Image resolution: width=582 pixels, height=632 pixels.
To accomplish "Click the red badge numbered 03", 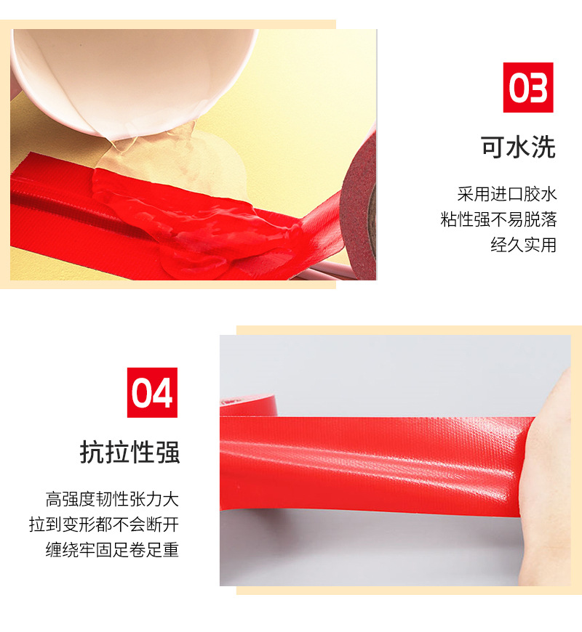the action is (527, 87).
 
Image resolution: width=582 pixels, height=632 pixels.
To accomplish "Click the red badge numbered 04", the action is (152, 392).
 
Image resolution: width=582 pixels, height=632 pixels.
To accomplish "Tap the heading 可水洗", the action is (518, 147).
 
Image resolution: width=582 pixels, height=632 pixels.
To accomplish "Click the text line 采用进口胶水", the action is (507, 194).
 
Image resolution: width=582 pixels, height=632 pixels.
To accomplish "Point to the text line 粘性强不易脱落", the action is (498, 219).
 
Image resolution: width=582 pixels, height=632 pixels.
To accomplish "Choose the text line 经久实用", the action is (524, 245).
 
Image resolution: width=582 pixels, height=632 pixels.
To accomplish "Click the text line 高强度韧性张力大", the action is (112, 499).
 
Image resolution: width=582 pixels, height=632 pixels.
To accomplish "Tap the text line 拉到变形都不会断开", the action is (104, 524).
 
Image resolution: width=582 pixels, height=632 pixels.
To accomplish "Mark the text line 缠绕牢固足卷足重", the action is (112, 550).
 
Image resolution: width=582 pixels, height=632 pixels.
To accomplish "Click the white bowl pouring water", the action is (133, 76).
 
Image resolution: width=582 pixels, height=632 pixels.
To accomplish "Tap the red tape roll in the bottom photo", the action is (248, 406).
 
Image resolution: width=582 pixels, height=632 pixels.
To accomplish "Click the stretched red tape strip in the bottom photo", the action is (375, 463).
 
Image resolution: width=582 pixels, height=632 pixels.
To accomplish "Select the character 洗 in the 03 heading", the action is (543, 147).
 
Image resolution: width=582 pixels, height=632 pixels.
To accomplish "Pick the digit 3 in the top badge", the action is (538, 88).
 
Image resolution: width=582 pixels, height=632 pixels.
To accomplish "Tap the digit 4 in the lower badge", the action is (162, 393).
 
